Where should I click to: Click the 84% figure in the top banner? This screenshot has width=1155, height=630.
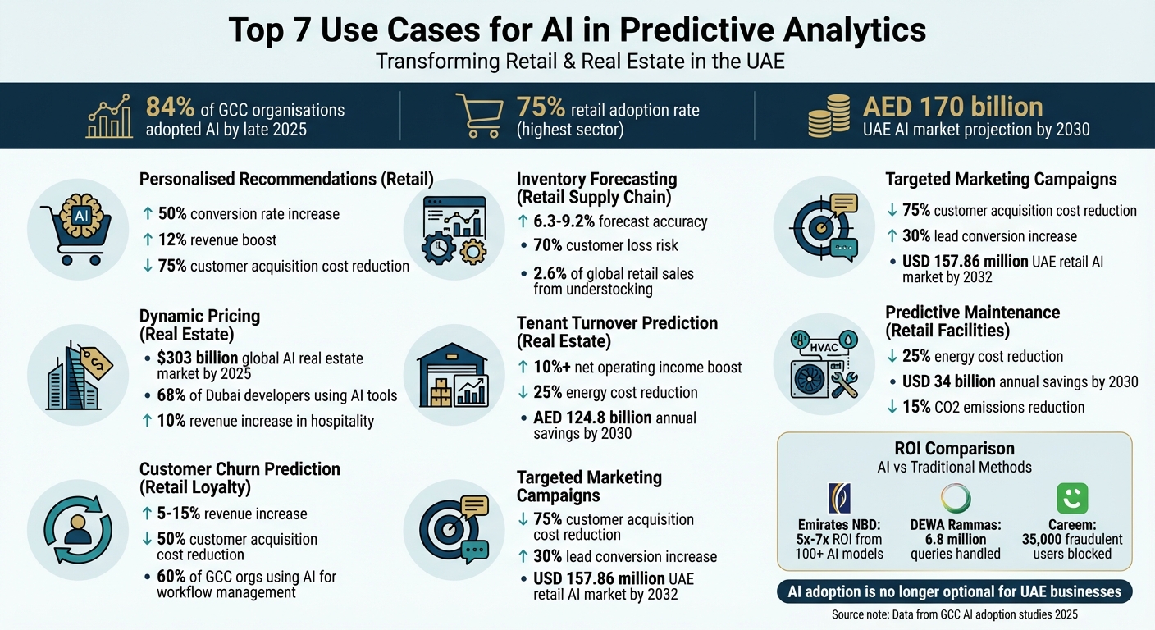(x=170, y=107)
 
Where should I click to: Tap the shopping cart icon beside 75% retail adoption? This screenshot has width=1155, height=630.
(x=478, y=116)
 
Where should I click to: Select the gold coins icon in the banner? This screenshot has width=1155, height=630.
(x=829, y=116)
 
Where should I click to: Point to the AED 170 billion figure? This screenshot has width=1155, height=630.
(x=952, y=107)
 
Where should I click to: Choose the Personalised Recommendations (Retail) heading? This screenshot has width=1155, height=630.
(x=286, y=179)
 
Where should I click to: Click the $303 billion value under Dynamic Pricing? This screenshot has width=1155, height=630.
(x=198, y=358)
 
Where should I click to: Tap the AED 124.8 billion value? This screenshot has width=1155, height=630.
(x=592, y=418)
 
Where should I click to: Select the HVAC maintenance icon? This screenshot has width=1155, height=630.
(x=824, y=363)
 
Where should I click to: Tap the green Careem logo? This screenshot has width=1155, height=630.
(x=1071, y=499)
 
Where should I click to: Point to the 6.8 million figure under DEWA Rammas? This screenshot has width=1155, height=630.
(x=955, y=538)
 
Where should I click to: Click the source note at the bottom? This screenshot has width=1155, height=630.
(x=953, y=614)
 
